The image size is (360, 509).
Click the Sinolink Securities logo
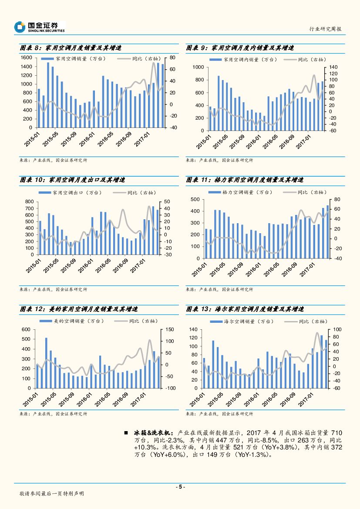(39, 27)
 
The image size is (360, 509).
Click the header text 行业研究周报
(325, 29)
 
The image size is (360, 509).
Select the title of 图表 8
(71, 48)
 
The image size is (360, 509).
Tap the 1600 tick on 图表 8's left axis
(27, 57)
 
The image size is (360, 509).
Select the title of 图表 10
(72, 180)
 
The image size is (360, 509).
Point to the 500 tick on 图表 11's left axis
(195, 200)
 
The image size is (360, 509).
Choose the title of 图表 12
(79, 309)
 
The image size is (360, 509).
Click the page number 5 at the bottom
(180, 487)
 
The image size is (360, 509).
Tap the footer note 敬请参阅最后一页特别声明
(52, 494)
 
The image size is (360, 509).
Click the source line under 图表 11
(219, 289)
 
